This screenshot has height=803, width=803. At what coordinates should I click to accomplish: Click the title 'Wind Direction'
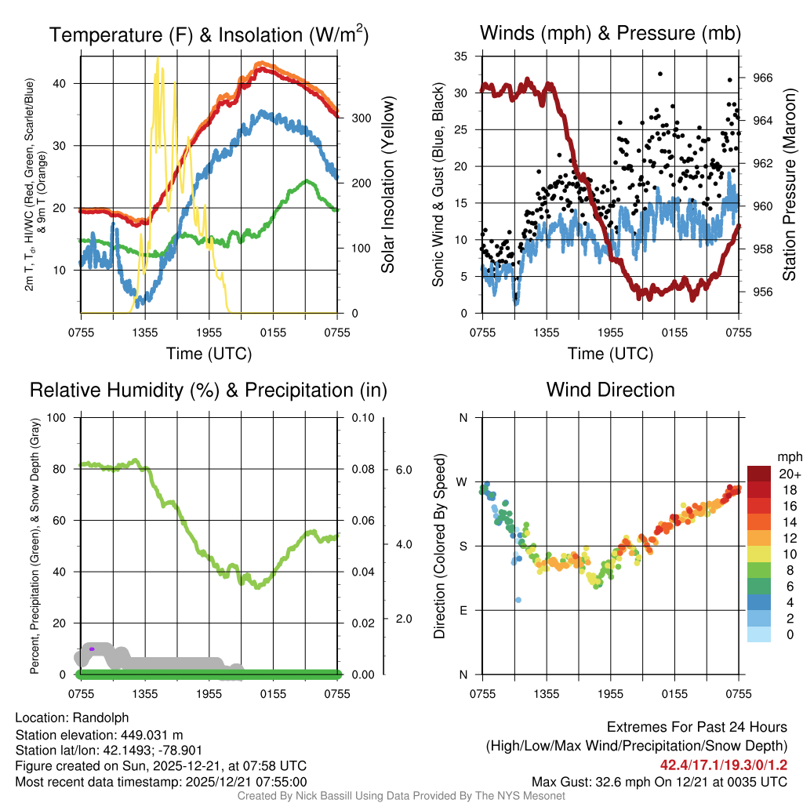tap(610, 390)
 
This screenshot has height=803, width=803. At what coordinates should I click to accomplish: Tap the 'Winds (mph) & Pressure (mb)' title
tap(610, 34)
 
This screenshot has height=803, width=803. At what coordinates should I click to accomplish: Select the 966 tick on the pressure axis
tap(763, 78)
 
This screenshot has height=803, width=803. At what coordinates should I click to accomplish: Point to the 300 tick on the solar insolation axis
tap(361, 118)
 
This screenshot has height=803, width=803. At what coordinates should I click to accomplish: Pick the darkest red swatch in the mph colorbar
tap(760, 474)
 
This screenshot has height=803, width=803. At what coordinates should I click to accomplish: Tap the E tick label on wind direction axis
tap(463, 610)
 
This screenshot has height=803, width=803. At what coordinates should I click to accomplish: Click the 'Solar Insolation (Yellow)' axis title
tap(388, 185)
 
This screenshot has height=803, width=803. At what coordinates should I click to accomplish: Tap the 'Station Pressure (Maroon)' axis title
tap(790, 185)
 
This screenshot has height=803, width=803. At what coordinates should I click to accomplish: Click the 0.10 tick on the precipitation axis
tap(362, 417)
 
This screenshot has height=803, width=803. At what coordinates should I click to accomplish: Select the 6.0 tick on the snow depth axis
tap(402, 470)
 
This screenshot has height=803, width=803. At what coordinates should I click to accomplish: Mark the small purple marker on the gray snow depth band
tap(92, 649)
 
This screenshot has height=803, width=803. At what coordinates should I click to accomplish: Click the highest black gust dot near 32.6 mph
tap(660, 74)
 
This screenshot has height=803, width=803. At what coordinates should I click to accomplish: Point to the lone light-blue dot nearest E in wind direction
tap(518, 600)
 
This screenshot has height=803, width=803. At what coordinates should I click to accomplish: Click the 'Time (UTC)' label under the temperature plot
tap(209, 354)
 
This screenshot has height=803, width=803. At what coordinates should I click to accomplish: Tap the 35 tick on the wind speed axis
tap(461, 56)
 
